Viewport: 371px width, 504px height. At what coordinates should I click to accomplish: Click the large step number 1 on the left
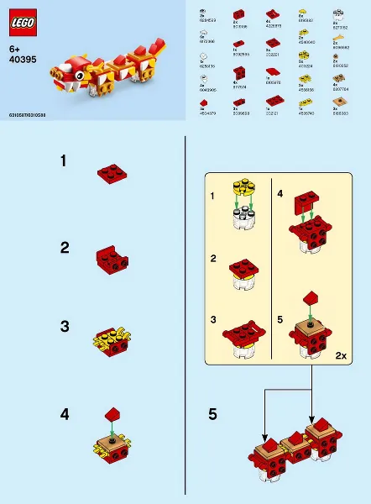pos(65,162)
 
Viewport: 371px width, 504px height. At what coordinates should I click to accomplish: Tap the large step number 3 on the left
pos(65,325)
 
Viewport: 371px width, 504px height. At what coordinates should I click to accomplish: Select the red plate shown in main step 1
pos(111,174)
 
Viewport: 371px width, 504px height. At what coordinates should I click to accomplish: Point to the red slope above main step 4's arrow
pos(113,413)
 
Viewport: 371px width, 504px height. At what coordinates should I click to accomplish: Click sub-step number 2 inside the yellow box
pos(212,260)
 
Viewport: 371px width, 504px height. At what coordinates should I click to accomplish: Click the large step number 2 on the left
pos(65,248)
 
